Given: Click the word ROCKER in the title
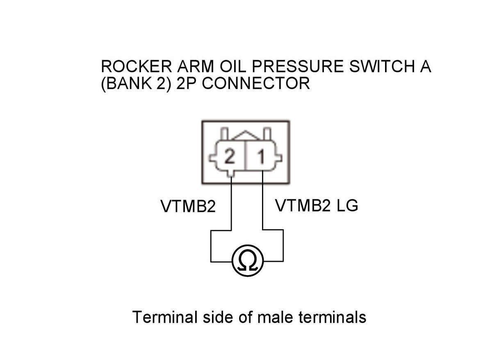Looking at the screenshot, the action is [x=136, y=66].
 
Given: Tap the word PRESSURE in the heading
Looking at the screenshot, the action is [x=298, y=66].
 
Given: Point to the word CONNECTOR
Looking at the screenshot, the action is [x=256, y=84].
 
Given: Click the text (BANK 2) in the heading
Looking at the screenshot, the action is [x=136, y=84].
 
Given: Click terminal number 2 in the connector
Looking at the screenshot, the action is [x=230, y=157].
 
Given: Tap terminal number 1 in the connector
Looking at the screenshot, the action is [x=262, y=157].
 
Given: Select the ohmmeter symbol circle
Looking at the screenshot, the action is [x=248, y=260].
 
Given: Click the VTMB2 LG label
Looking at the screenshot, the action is [x=317, y=205].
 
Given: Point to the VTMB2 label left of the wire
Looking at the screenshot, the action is [x=188, y=206].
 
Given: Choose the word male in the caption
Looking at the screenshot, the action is [x=275, y=317].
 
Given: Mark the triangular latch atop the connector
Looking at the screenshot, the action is [x=246, y=136].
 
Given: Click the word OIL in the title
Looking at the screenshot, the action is [x=233, y=66].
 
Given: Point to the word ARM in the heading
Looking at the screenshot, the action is [x=196, y=66].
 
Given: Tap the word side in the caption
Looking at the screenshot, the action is [x=218, y=317].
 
